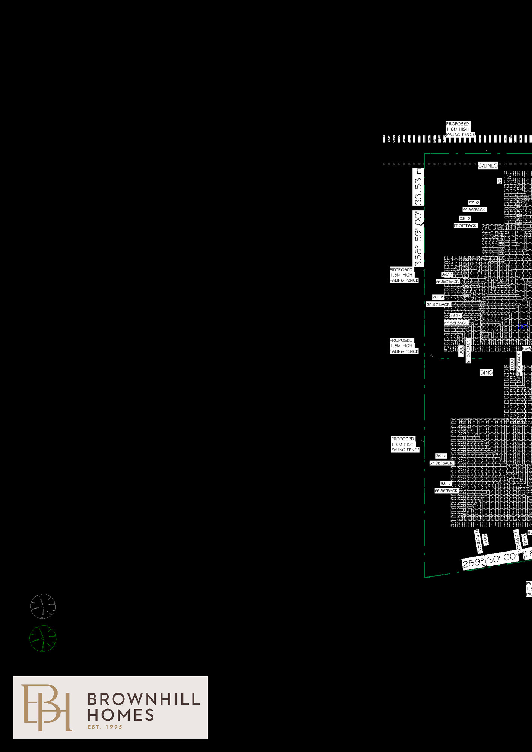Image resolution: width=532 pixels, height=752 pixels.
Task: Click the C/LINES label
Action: click(488, 165)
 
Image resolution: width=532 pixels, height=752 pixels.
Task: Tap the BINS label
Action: click(486, 372)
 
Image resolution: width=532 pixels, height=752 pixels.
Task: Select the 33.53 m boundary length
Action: click(418, 187)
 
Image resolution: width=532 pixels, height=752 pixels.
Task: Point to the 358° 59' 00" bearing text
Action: click(418, 238)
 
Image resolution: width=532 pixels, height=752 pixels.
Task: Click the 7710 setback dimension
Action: click(474, 202)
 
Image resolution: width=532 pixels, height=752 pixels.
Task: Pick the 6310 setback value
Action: click(465, 218)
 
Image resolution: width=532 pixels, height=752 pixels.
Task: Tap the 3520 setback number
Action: click(447, 275)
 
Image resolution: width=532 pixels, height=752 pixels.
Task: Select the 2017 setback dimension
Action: click(438, 297)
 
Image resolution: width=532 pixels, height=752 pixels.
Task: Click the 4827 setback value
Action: click(455, 316)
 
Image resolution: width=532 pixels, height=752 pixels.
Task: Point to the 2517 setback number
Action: click(441, 456)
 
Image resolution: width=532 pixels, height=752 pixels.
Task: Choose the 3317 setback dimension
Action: click(446, 484)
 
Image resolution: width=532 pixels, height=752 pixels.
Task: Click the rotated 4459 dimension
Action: click(485, 539)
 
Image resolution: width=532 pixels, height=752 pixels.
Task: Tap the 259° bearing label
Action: click(473, 562)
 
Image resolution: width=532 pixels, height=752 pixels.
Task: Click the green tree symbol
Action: click(43, 638)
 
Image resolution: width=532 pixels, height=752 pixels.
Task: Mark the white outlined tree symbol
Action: click(43, 606)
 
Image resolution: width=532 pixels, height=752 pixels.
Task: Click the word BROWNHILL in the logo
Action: click(143, 699)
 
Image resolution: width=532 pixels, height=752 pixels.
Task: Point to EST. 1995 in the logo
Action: click(105, 727)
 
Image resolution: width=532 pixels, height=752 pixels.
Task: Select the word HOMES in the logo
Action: click(121, 715)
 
